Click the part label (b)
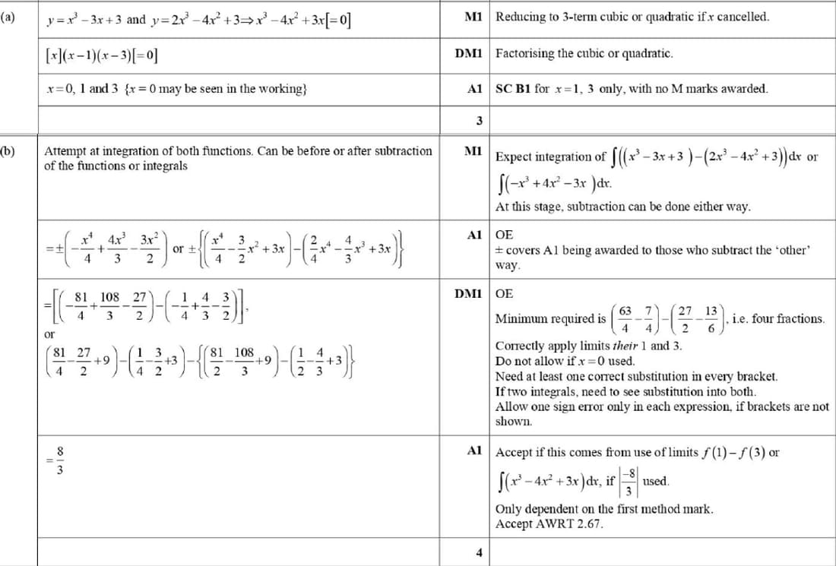7,151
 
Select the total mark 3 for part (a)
479,120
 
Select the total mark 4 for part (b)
479,552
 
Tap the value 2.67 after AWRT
590,523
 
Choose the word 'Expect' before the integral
513,157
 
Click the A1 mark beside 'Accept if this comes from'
475,451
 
